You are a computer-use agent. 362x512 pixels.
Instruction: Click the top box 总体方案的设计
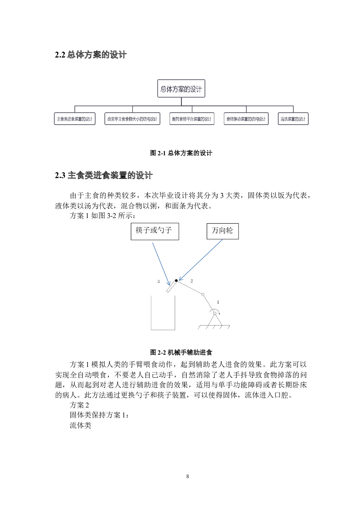(x=181, y=88)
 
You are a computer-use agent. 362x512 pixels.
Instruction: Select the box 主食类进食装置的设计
(x=74, y=119)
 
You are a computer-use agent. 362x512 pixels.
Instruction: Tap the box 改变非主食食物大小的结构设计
(x=132, y=119)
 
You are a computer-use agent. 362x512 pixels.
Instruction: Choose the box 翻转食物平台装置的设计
(x=192, y=119)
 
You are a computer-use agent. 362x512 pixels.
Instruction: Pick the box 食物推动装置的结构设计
(x=246, y=119)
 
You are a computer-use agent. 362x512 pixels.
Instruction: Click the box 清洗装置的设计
(x=293, y=119)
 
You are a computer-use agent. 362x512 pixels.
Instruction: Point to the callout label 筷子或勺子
(x=154, y=231)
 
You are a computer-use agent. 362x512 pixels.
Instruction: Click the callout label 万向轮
(x=222, y=231)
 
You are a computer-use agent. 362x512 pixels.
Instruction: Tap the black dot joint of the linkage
(x=176, y=281)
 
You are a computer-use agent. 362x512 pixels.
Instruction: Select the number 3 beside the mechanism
(x=159, y=281)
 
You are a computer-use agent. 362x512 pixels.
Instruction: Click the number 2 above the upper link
(x=192, y=281)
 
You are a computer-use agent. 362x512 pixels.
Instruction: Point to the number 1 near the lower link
(x=218, y=302)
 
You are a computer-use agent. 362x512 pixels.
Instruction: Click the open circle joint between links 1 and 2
(x=203, y=295)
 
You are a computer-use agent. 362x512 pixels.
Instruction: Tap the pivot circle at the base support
(x=215, y=314)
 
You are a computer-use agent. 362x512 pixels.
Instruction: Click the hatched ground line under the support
(x=214, y=325)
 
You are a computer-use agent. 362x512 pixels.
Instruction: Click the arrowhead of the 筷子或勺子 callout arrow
(x=169, y=285)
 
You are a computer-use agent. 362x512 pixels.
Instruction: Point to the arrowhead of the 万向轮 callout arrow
(x=180, y=280)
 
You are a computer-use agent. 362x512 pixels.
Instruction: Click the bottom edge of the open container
(x=163, y=330)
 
